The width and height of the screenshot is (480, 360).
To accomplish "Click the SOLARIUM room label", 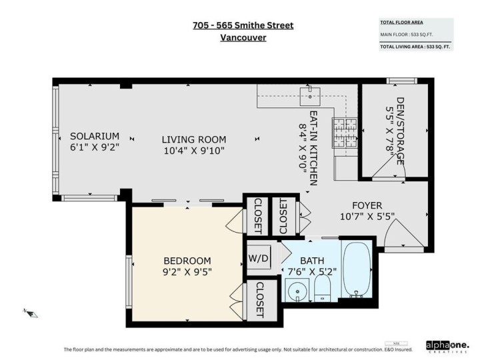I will tap(95, 136).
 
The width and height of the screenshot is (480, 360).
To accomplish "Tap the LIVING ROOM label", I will tap(194, 139).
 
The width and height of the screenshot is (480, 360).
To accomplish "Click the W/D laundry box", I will tap(259, 257).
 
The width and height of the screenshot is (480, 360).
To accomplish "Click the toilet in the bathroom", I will tap(322, 288).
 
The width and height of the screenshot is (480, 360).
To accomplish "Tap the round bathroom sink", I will tap(295, 291).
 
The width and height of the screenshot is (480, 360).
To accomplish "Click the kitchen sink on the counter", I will tap(310, 98).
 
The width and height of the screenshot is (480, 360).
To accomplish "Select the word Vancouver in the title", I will tap(243, 38).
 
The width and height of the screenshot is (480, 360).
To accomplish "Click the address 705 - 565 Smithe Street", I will tap(243, 25).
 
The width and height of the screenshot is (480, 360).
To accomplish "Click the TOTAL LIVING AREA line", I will tap(415, 47).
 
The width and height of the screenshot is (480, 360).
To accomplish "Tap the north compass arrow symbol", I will tap(29, 311).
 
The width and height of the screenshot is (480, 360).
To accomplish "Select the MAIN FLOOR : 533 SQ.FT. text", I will tap(407, 35).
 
